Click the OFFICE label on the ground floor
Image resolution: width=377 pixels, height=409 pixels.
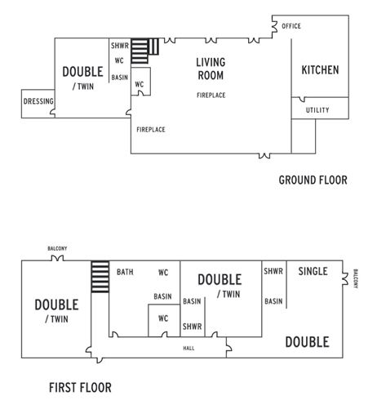click(x=291, y=26)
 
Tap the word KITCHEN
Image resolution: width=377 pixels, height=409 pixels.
click(x=320, y=70)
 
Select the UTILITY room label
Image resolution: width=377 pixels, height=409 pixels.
click(x=317, y=110)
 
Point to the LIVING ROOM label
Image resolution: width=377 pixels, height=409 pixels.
click(x=211, y=69)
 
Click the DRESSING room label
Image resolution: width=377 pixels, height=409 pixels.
click(x=38, y=102)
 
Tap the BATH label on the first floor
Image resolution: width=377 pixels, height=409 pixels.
click(x=125, y=272)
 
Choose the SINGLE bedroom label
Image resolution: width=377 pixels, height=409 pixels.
click(x=313, y=271)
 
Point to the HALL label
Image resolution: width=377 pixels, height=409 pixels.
click(x=188, y=349)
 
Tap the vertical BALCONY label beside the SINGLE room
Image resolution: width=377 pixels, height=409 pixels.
click(x=356, y=280)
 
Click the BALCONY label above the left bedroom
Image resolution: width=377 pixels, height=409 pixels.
click(x=56, y=249)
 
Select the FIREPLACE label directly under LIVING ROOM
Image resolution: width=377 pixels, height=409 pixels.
click(x=211, y=96)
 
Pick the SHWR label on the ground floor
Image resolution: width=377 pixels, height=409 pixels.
click(x=118, y=46)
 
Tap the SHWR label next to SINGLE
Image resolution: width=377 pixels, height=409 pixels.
click(x=273, y=272)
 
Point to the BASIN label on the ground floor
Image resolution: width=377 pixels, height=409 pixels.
click(x=120, y=78)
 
